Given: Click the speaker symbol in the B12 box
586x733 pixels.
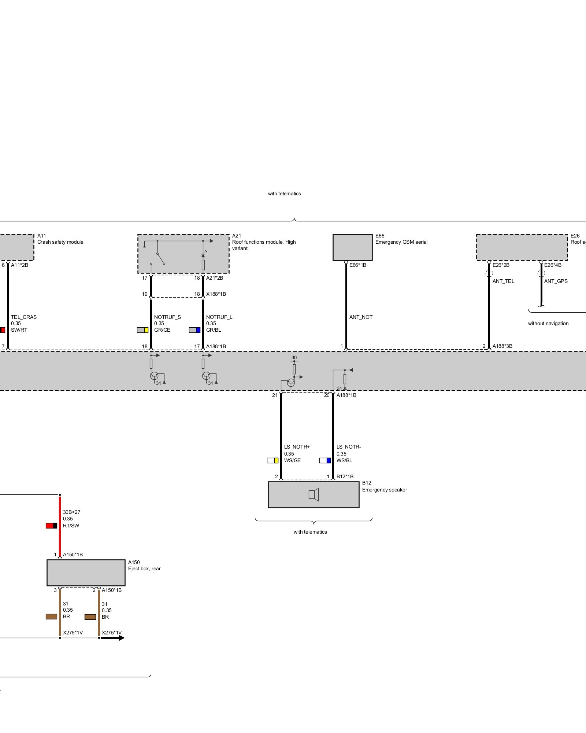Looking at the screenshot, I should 314,495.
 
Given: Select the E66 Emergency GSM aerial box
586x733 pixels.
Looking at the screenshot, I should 352,247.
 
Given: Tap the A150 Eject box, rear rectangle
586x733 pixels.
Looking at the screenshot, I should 86,572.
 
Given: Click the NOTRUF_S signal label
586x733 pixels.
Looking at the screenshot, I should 167,317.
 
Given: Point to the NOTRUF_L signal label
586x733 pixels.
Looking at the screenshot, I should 219,317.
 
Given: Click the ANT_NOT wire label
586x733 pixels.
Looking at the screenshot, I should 361,317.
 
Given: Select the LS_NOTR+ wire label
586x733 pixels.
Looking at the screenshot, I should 297,447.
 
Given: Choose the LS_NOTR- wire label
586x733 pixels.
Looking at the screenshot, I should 349,447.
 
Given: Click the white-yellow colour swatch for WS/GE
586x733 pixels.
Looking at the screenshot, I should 272,460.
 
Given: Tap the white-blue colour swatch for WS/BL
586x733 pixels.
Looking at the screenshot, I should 325,460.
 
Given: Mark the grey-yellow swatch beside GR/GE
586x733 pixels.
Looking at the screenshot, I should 142,330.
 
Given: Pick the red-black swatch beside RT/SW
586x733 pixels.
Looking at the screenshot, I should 51,526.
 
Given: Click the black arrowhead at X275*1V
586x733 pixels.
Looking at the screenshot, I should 120,638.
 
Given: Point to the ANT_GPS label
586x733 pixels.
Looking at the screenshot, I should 556,281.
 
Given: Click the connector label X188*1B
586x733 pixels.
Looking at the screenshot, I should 216,294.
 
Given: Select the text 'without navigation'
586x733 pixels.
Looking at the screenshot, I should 548,323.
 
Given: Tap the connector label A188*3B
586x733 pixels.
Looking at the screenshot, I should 502,346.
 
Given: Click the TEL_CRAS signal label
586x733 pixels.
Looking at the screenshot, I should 24,317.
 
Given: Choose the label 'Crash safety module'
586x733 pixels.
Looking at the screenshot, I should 60,242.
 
